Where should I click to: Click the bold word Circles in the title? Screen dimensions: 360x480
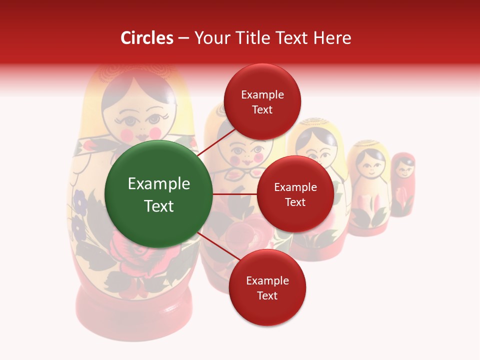coord(147,38)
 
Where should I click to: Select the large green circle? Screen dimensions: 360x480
coord(158,194)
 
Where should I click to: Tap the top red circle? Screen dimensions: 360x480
coord(262,101)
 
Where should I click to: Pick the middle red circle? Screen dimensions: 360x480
coord(295,194)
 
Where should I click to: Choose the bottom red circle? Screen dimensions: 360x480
coord(267,287)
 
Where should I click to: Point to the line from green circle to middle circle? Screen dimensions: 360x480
coord(234,194)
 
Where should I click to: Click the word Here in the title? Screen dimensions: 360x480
coord(334,38)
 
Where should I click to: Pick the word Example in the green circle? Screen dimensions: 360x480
coord(158,184)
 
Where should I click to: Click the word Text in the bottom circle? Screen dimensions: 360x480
coord(267,295)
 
